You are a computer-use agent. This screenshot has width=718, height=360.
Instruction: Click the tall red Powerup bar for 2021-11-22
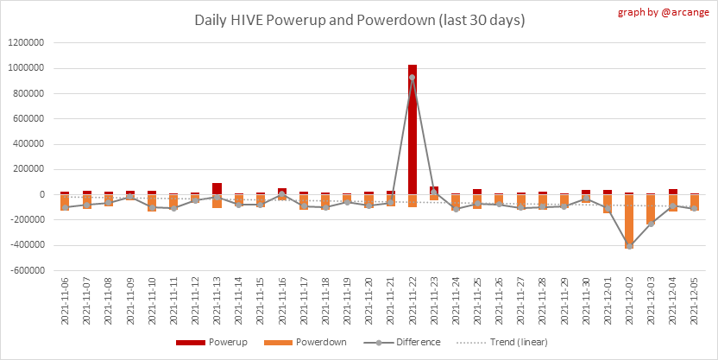point(413,129)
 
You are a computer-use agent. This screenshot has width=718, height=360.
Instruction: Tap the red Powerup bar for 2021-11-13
point(217,188)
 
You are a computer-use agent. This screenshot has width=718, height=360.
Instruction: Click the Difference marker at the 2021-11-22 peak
point(413,78)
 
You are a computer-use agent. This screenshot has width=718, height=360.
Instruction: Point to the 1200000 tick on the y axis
point(27,42)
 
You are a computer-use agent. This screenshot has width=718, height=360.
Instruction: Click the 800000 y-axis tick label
point(29,93)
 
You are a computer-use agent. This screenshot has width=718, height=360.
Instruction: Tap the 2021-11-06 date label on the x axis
point(65,300)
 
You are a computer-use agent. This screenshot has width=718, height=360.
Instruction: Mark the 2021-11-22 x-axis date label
point(413,300)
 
